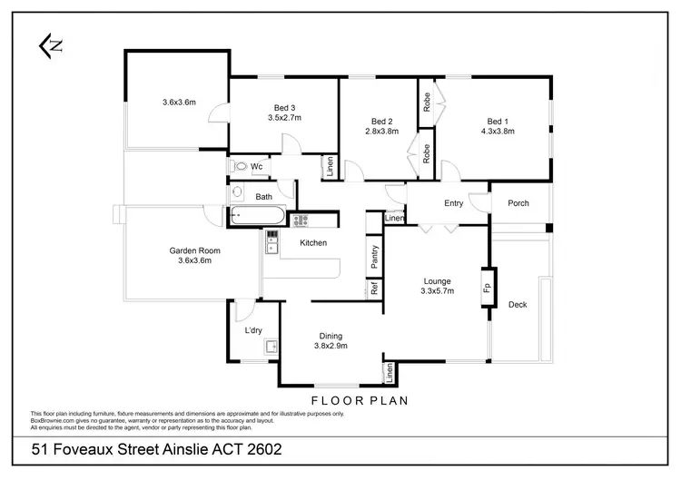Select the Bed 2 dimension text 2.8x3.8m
pyautogui.click(x=381, y=132)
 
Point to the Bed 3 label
pyautogui.click(x=283, y=106)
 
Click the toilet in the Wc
pyautogui.click(x=238, y=166)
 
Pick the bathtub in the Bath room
pyautogui.click(x=257, y=218)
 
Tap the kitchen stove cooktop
pyautogui.click(x=301, y=219)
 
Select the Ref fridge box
pyautogui.click(x=373, y=289)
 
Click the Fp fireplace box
pyautogui.click(x=487, y=288)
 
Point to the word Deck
pyautogui.click(x=518, y=305)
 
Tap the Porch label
pyautogui.click(x=518, y=203)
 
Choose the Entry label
pyautogui.click(x=454, y=203)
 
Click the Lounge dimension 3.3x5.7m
pyautogui.click(x=437, y=291)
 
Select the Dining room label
pyautogui.click(x=331, y=336)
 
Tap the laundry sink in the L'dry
pyautogui.click(x=270, y=346)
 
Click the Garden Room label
pyautogui.click(x=195, y=250)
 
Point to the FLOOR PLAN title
pyautogui.click(x=360, y=399)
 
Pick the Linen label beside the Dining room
pyautogui.click(x=389, y=371)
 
